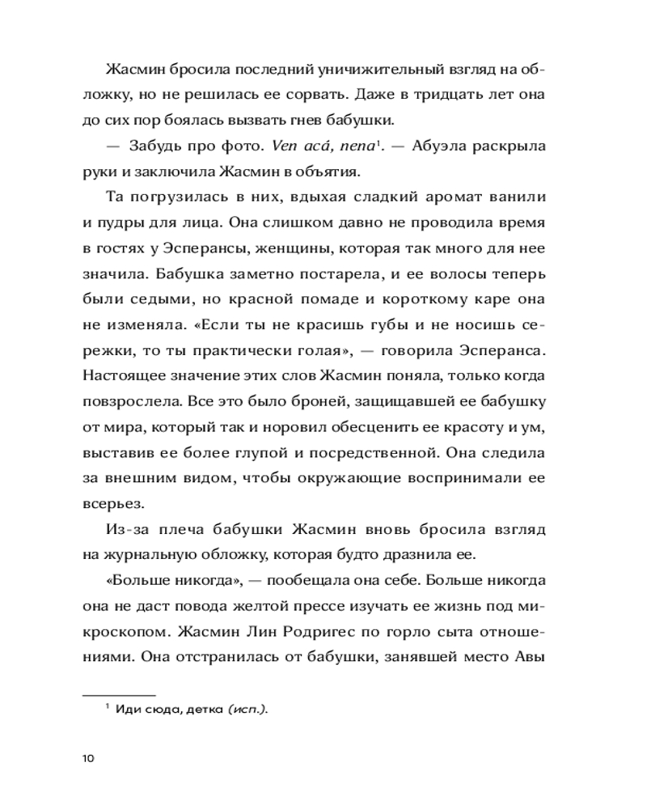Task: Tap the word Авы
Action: coord(530,656)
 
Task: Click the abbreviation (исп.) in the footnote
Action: coord(247,709)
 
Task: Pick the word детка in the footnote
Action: coord(204,709)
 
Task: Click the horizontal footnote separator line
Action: coord(119,693)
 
